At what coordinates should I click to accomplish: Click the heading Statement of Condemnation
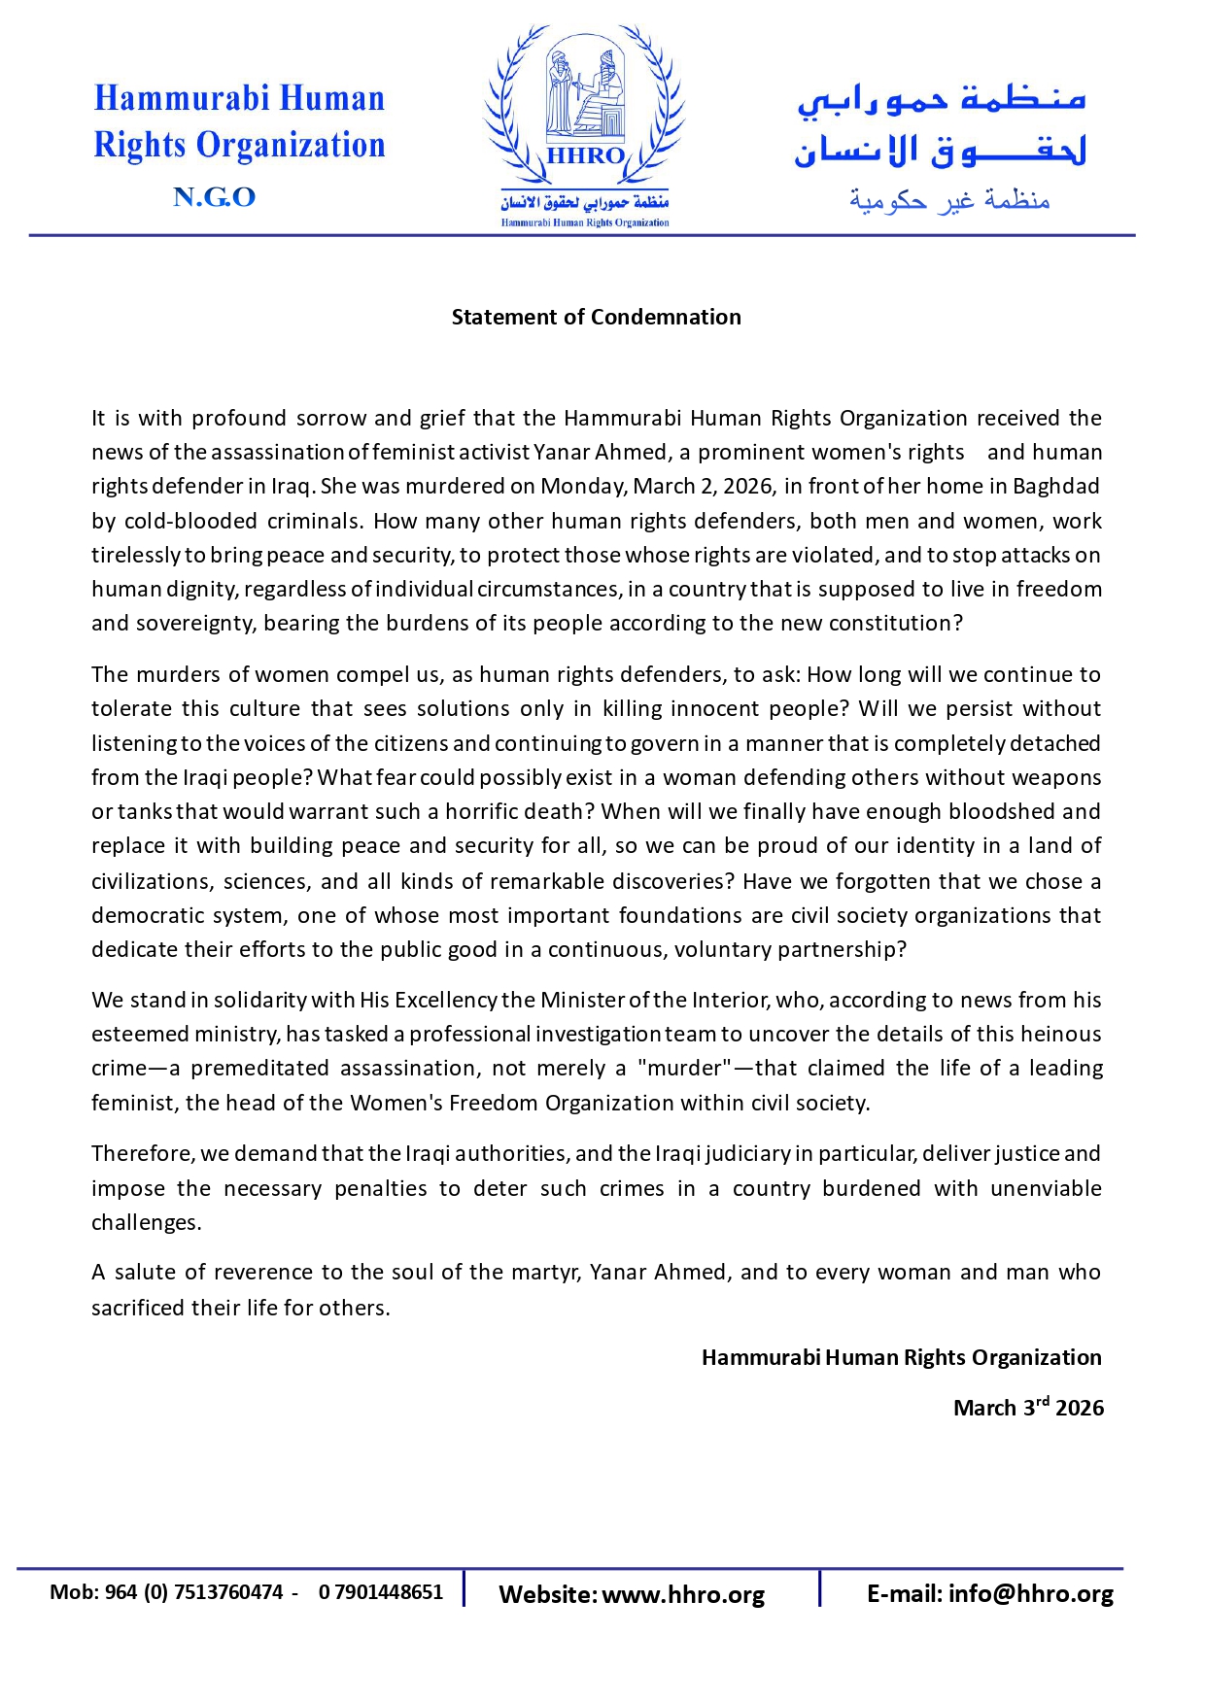(596, 317)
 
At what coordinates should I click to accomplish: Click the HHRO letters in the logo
(585, 155)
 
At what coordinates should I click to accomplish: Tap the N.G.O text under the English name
(214, 197)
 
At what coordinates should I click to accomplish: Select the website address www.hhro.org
(683, 1594)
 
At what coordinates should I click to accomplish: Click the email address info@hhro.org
(1030, 1593)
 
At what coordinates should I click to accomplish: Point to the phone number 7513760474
(228, 1592)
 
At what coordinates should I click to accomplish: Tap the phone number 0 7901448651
(380, 1592)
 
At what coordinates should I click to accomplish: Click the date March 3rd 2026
(1027, 1408)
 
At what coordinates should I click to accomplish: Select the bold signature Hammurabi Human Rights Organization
(901, 1357)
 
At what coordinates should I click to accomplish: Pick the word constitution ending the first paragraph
(902, 623)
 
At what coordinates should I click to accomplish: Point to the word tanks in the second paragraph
(147, 811)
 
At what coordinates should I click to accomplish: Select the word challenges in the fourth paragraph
(145, 1222)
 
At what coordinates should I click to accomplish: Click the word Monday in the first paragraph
(584, 486)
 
